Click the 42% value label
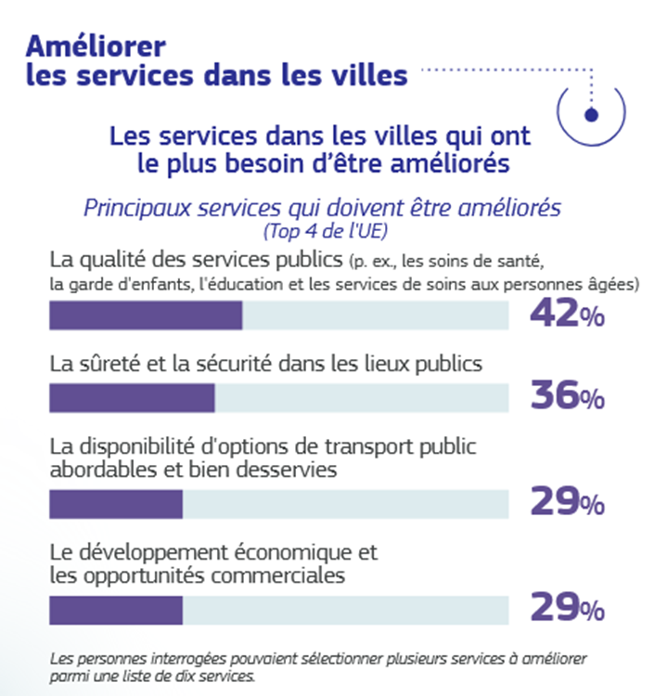tap(566, 315)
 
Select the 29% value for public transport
tap(566, 503)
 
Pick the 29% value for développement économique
tap(566, 609)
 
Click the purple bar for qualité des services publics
tap(146, 316)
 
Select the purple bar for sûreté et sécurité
tap(132, 397)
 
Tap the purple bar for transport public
tap(116, 504)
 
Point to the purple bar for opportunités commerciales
tap(116, 610)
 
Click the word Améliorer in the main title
tap(96, 45)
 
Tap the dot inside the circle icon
tap(591, 114)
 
